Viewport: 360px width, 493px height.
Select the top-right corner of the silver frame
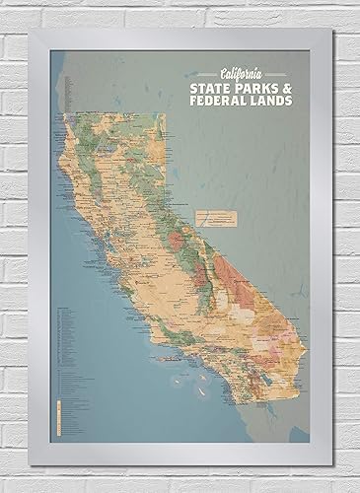click(334, 31)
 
